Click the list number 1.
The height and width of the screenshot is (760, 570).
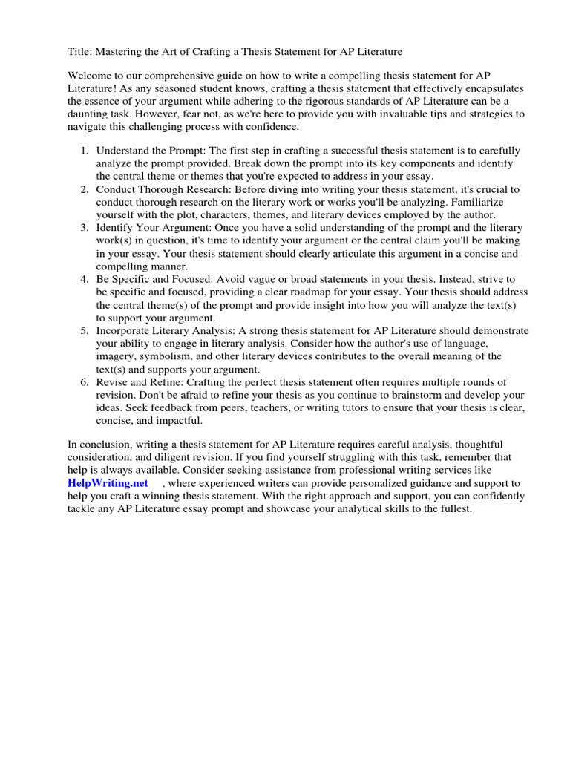(85, 151)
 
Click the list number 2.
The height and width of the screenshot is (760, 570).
(85, 189)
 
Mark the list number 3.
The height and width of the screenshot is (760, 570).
(85, 227)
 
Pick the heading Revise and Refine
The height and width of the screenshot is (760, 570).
(140, 382)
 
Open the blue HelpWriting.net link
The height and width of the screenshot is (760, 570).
(106, 483)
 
